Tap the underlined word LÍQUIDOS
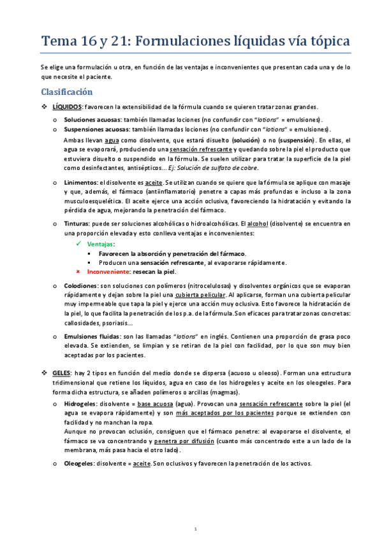[x=67, y=106]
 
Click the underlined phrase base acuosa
[x=156, y=403]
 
